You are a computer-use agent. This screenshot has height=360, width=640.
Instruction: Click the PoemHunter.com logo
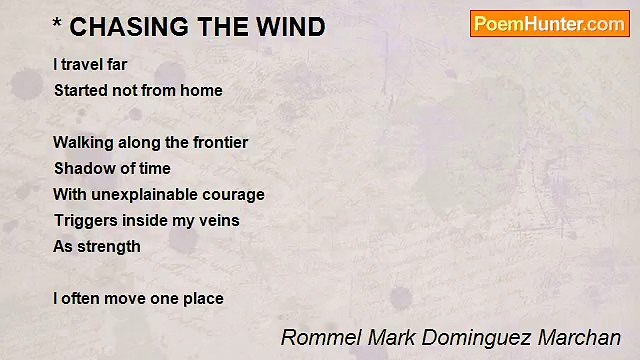pos(549,24)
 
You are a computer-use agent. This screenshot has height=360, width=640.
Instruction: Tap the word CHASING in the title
pos(124,27)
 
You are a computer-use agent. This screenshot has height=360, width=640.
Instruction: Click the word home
pos(201,90)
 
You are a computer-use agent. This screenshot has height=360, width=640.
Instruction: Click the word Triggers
pos(84,220)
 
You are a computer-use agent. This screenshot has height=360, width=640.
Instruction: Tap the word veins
pos(218,220)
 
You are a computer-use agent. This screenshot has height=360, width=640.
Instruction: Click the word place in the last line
pos(203,298)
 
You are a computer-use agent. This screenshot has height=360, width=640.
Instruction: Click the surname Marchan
pos(581,338)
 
